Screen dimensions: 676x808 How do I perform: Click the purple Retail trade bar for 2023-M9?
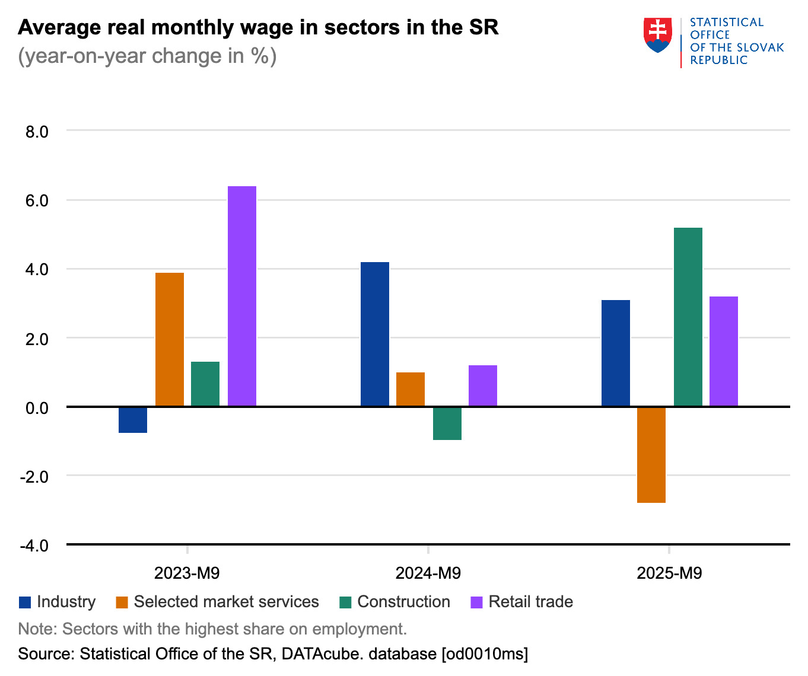pos(242,296)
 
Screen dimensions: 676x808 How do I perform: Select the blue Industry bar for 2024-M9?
pos(375,334)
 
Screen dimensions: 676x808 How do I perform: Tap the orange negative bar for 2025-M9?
pos(651,455)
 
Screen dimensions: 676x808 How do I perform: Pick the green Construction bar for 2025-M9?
pos(688,317)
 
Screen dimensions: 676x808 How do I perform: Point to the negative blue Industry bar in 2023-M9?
pos(133,420)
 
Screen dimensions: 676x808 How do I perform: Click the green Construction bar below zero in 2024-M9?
pos(447,423)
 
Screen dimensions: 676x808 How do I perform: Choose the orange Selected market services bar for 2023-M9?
pos(170,339)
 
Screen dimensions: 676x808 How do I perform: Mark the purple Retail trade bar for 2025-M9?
pos(724,351)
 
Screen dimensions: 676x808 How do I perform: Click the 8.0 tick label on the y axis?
pos(37,131)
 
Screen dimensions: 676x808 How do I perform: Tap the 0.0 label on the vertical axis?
pos(37,407)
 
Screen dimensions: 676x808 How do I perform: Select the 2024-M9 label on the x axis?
pos(428,573)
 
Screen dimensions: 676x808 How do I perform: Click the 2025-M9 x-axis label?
pos(669,573)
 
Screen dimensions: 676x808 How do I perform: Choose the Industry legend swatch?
pos(25,602)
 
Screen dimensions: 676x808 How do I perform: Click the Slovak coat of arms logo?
pos(657,34)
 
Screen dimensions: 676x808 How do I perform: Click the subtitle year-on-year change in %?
pos(147,56)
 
